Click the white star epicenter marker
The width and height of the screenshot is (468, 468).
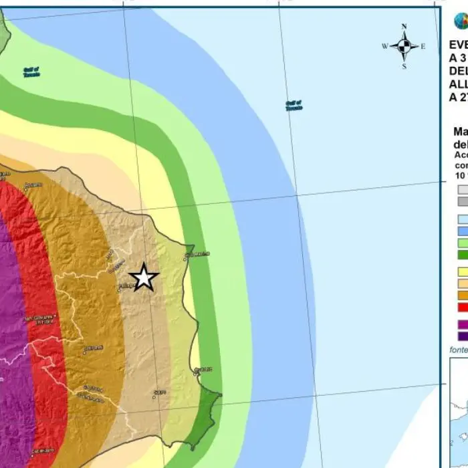pos(143,277)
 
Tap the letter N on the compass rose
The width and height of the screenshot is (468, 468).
pos(404,27)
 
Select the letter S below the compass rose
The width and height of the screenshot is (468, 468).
pos(404,66)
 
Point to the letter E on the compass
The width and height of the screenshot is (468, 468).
pos(423,46)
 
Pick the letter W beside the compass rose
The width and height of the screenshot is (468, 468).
pos(384,46)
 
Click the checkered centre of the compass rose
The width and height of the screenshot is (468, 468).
pos(404,46)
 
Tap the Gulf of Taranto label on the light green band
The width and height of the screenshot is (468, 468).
pos(31,72)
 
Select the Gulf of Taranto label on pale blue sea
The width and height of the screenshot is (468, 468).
pos(294,105)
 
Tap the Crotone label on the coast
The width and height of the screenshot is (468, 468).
pos(203,370)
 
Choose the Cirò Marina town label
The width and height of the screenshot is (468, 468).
pos(197,254)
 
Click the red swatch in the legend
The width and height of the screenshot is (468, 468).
pos(462,307)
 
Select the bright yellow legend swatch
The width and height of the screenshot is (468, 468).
pos(462,272)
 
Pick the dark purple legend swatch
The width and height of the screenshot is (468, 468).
pos(462,336)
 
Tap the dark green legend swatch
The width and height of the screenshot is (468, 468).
pos(462,255)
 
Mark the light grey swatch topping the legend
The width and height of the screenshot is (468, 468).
pos(462,189)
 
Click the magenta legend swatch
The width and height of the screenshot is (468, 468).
pos(462,325)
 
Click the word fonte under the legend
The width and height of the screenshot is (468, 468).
pos(457,350)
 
